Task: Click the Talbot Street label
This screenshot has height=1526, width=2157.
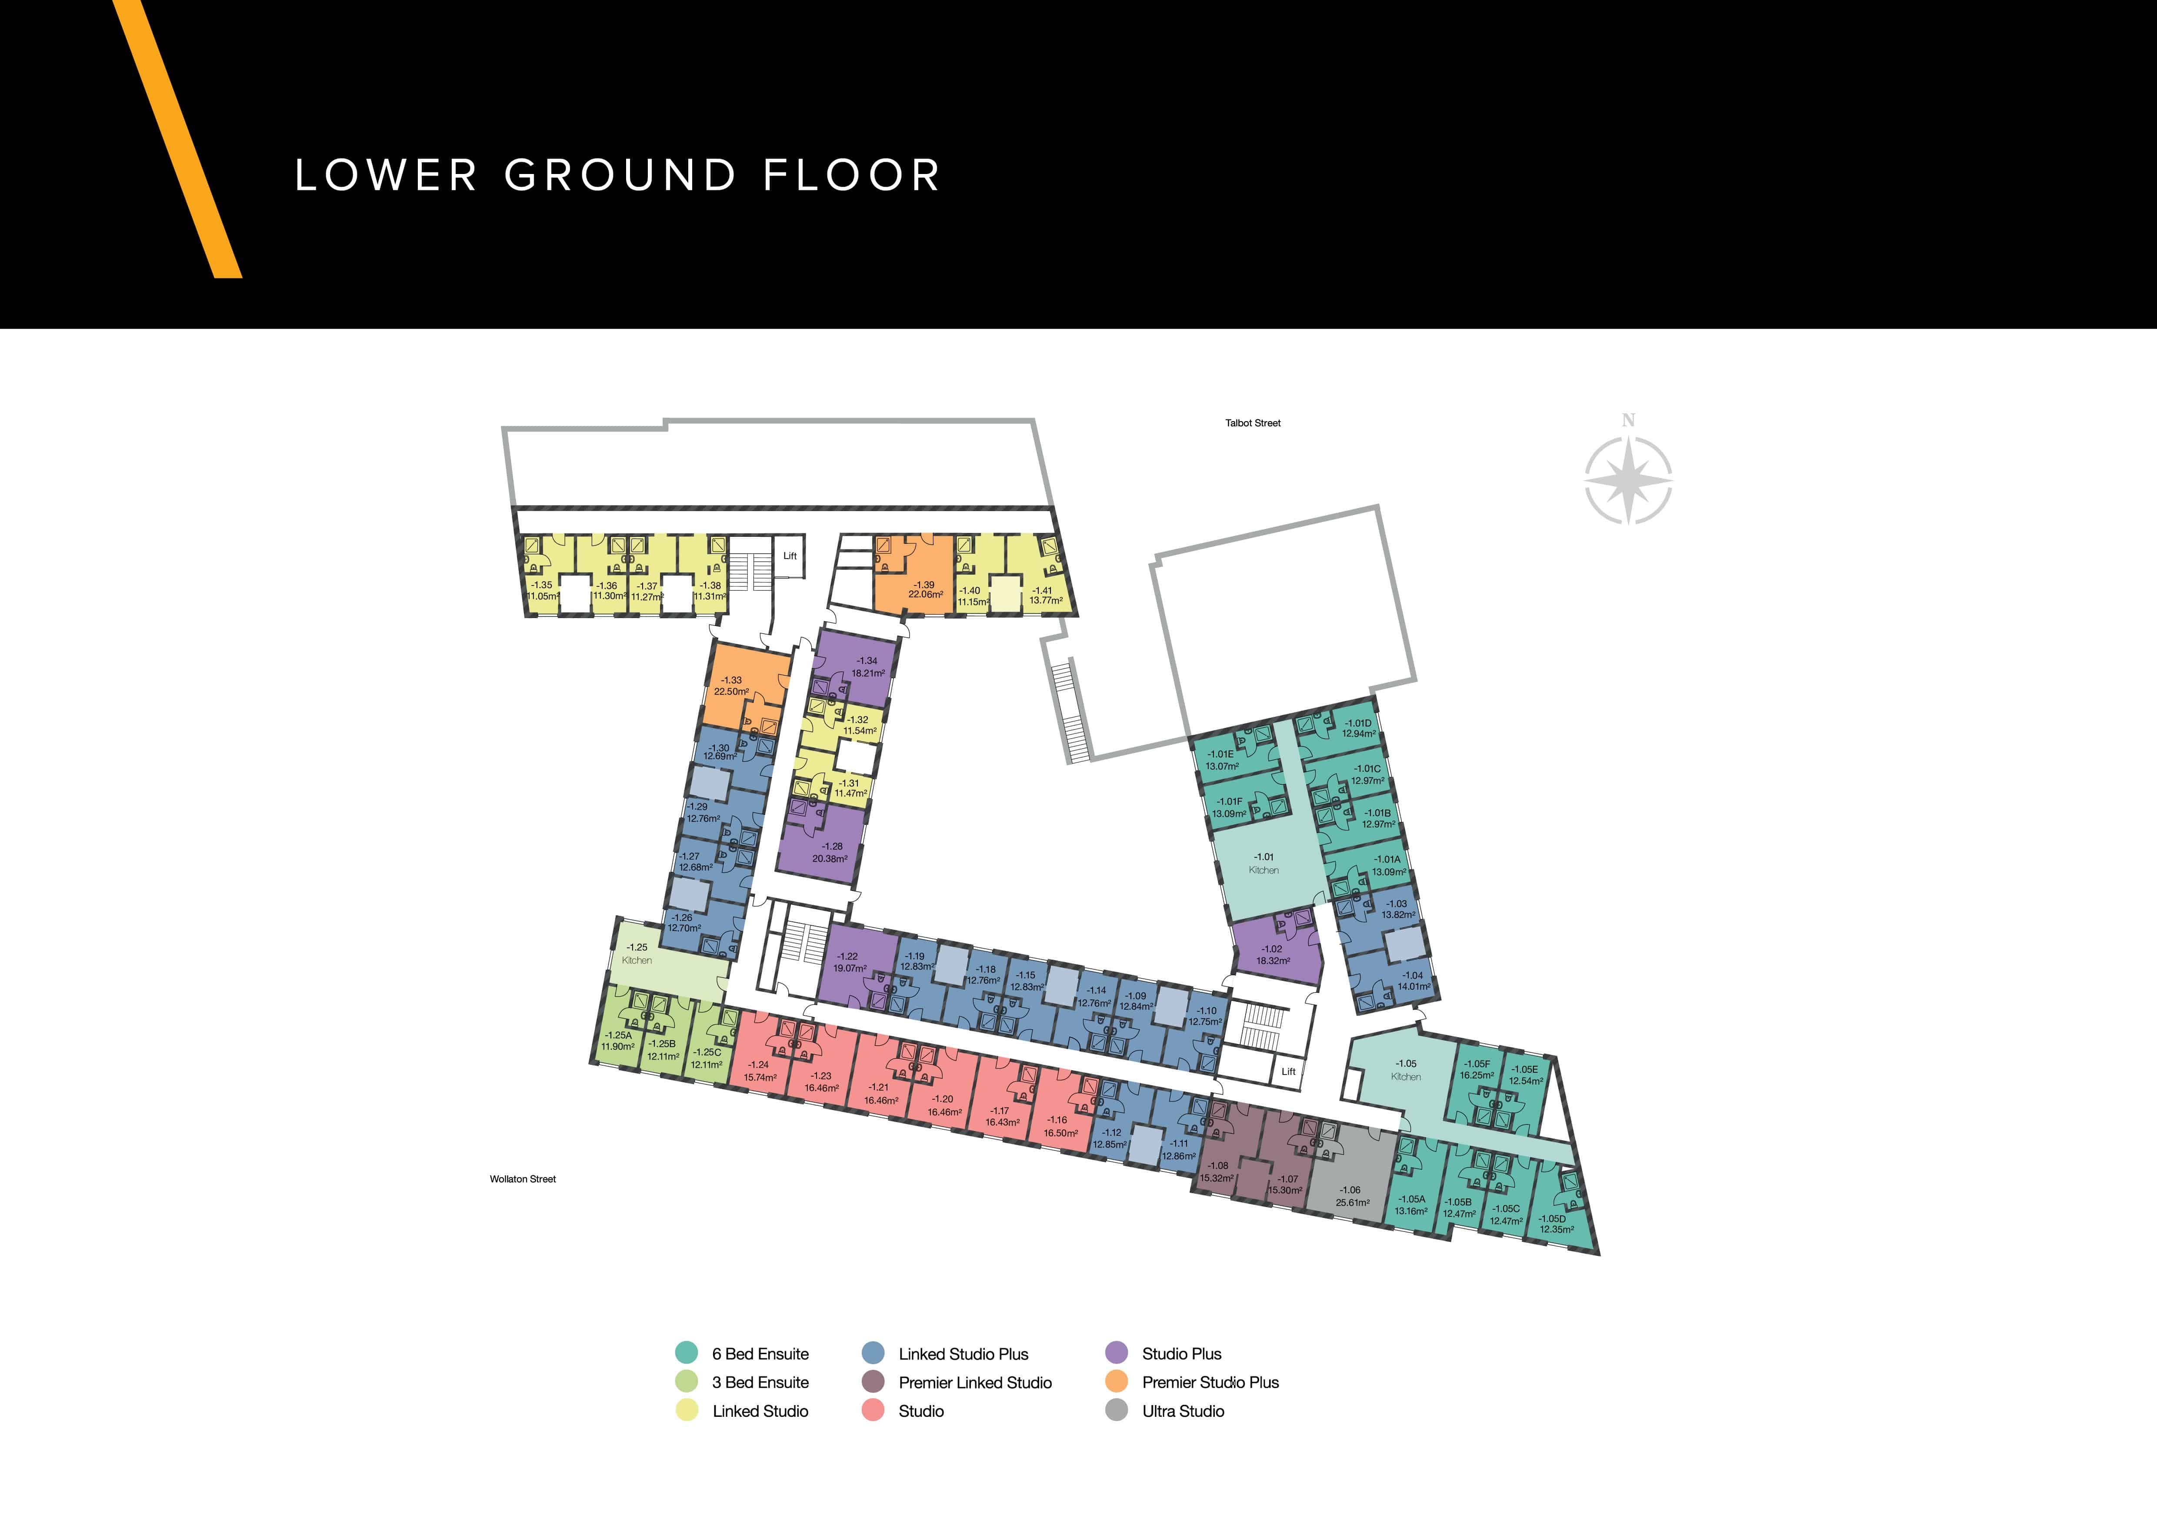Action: pos(1252,423)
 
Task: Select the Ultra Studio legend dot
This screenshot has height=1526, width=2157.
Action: pos(1116,1410)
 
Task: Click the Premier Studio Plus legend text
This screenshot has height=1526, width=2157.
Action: pos(1210,1382)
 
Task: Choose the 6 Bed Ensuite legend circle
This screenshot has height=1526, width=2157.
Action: pos(687,1353)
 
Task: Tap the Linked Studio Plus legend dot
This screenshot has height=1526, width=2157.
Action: pos(873,1353)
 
